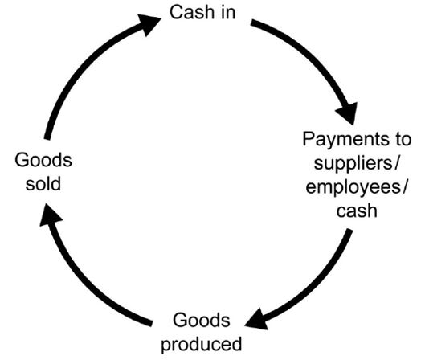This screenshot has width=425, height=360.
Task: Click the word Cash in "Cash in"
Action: pyautogui.click(x=192, y=12)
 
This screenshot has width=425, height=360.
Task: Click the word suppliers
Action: pyautogui.click(x=353, y=165)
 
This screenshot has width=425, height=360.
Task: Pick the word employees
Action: pyautogui.click(x=353, y=188)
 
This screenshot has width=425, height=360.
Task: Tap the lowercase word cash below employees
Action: pyautogui.click(x=357, y=211)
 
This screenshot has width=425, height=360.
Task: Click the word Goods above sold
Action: pyautogui.click(x=43, y=160)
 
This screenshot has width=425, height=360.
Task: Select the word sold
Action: pyautogui.click(x=43, y=184)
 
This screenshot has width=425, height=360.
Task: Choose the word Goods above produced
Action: pyautogui.click(x=202, y=320)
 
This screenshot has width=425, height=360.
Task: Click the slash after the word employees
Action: pyautogui.click(x=404, y=187)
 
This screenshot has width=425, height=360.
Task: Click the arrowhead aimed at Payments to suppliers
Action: pyautogui.click(x=348, y=112)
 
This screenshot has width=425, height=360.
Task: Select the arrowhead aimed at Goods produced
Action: pyautogui.click(x=256, y=320)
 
